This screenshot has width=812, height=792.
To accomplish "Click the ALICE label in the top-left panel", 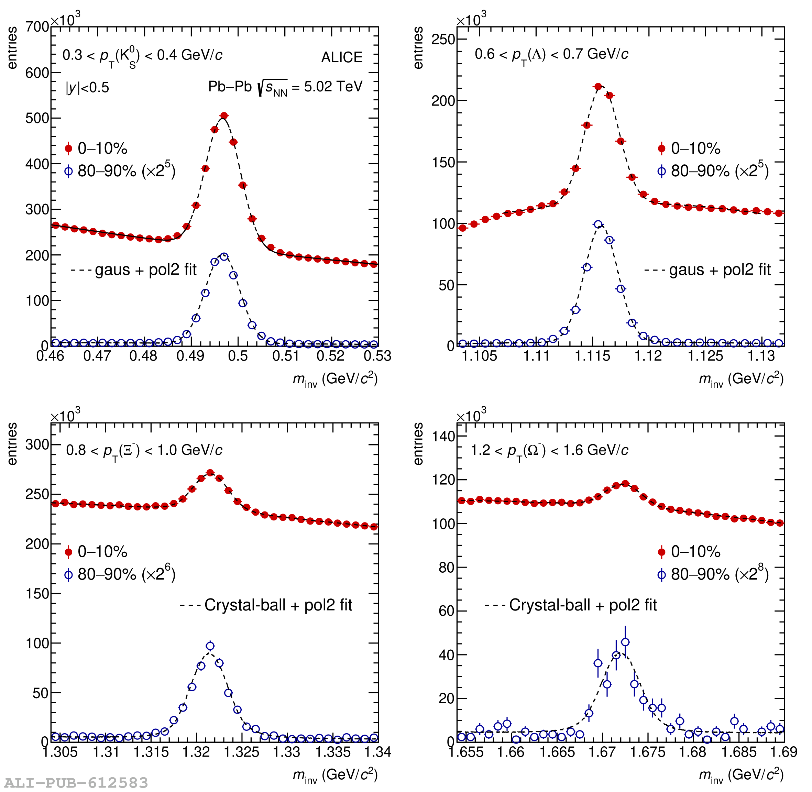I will coord(341,57).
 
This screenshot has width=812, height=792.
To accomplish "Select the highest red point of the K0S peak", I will coord(224,115).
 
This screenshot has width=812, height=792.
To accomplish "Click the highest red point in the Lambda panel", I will coord(598,87).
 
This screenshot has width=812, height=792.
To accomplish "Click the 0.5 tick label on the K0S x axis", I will coord(238,356).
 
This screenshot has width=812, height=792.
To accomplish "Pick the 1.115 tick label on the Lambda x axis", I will coord(592,356).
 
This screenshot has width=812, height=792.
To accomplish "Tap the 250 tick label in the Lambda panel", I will coord(443,40).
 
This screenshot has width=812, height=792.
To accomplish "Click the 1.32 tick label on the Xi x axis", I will coord(196,752).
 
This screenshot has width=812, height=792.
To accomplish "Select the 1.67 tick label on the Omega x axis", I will coord(602,752).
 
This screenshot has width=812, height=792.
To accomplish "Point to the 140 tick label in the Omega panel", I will coord(443,436).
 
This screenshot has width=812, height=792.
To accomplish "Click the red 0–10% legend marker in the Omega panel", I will coord(661,552).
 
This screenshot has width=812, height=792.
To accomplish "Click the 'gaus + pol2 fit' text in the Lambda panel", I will coord(720,270).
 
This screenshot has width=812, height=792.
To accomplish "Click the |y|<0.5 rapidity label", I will coord(87,88).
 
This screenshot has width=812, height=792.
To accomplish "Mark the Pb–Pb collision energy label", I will coord(285,87).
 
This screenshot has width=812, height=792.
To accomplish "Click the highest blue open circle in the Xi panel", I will coord(210,646).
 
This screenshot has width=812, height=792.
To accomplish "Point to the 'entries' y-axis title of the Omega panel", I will coord(418,444).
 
